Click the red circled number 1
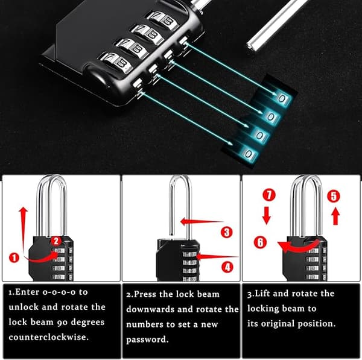14,257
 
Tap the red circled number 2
56,241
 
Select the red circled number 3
227,232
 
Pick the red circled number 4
227,267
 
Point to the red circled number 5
334,197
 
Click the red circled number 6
260,242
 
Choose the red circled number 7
269,195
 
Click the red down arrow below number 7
267,216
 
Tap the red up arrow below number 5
335,216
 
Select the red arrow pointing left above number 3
202,222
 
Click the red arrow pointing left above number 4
217,256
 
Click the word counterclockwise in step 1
49,337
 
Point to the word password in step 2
147,339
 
